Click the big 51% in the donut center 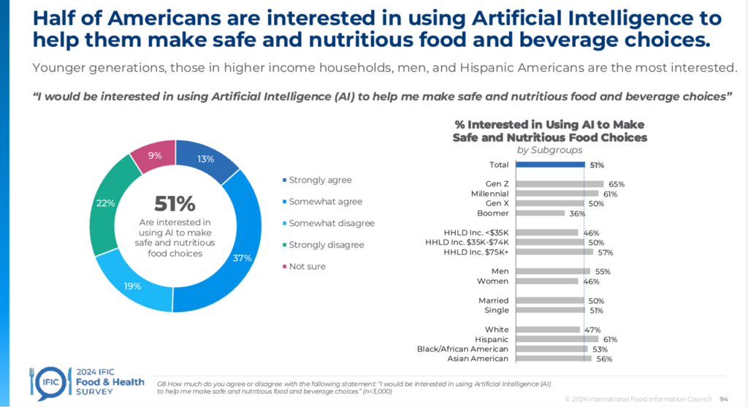tap(175, 204)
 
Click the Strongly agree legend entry tap(320, 180)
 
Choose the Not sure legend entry tap(307, 266)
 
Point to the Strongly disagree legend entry tap(326, 245)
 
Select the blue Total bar tap(549, 164)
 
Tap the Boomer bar tap(539, 213)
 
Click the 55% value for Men tap(603, 271)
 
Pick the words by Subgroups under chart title tap(549, 150)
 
